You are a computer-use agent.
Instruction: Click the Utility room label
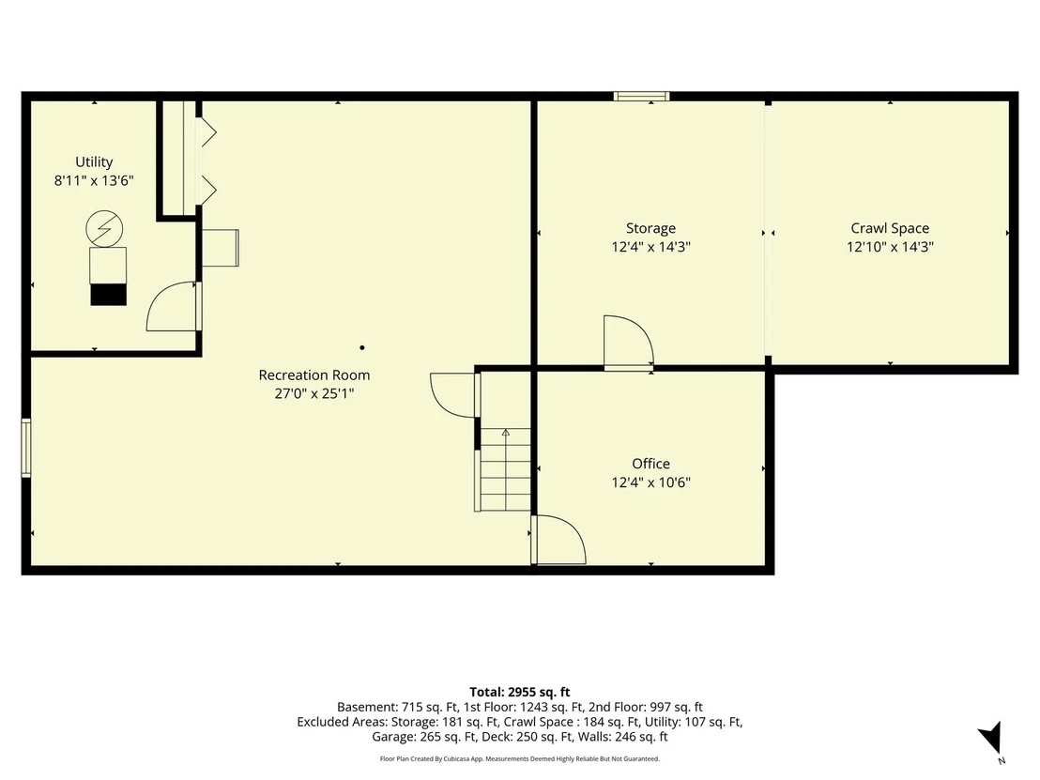tap(94, 161)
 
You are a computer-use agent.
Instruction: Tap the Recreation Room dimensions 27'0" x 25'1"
tap(314, 393)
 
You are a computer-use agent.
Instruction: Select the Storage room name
tap(650, 228)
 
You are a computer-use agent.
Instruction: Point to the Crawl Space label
tap(890, 228)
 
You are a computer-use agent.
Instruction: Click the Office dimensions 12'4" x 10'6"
tap(650, 482)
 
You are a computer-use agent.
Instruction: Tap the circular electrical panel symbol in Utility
tap(104, 229)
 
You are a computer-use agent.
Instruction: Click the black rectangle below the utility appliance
tap(108, 295)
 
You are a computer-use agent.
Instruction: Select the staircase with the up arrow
tap(505, 469)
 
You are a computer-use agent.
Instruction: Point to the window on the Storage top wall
tap(641, 97)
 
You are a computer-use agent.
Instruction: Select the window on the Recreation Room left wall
tap(26, 448)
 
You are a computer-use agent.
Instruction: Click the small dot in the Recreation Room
tap(362, 347)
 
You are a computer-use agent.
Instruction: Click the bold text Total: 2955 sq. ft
tap(520, 693)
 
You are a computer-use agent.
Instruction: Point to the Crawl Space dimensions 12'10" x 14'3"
tap(890, 247)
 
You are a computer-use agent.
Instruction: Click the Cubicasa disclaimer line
tap(520, 758)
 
